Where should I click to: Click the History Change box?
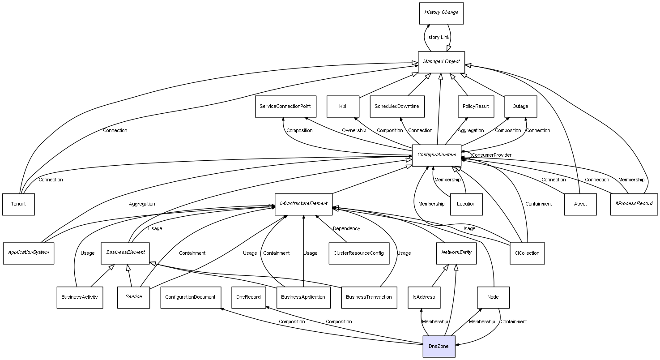(x=441, y=13)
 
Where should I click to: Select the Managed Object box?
(x=441, y=62)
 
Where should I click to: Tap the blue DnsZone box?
(x=439, y=346)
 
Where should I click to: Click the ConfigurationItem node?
(x=436, y=155)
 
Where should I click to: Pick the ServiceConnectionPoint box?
(x=285, y=107)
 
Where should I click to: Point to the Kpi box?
(x=343, y=107)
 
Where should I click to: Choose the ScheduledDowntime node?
(x=397, y=107)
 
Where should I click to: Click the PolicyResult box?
(x=476, y=107)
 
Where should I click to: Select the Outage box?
(x=520, y=107)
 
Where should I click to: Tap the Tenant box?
(x=18, y=204)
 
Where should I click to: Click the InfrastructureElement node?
(x=303, y=204)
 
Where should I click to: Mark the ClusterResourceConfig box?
(x=358, y=253)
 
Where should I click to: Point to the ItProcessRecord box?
(x=634, y=204)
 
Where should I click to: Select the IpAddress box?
(x=424, y=297)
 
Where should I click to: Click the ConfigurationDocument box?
(x=190, y=297)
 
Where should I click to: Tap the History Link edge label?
(x=437, y=38)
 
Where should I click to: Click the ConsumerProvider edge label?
(x=491, y=155)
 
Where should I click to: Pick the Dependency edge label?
(x=346, y=229)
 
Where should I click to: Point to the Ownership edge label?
(x=354, y=131)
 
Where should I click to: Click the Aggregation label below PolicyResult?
(x=471, y=131)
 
